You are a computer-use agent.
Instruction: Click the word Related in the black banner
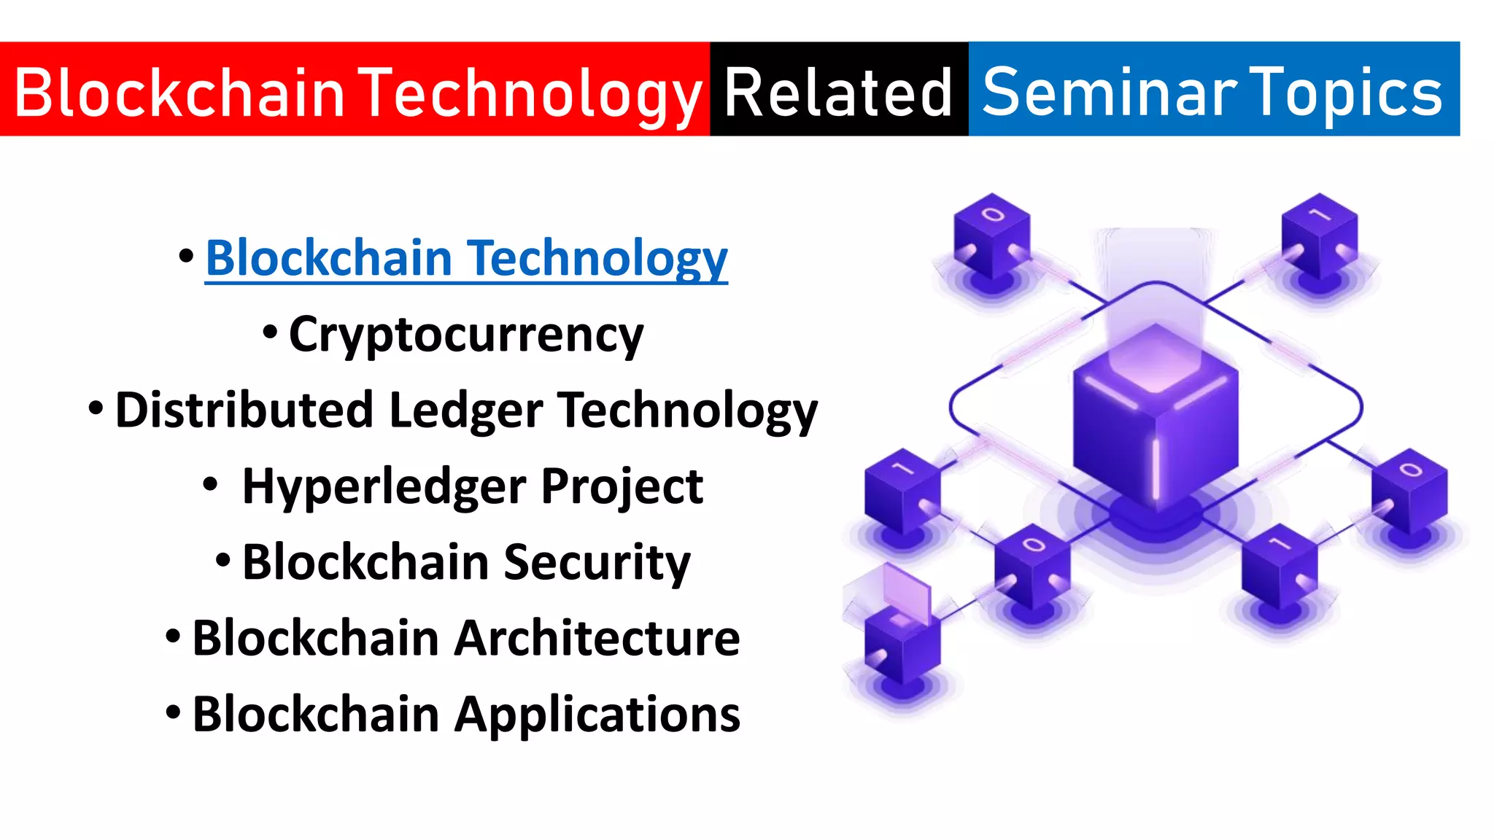coord(838,92)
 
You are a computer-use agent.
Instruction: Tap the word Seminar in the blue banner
coord(1109,92)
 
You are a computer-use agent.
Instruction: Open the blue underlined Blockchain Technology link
coord(466,258)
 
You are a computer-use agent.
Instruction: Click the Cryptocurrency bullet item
coord(465,335)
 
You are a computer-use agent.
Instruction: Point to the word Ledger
coord(465,410)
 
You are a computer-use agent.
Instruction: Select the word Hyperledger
coord(384,486)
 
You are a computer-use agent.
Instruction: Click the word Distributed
coord(244,410)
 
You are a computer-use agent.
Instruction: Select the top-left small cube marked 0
coord(991,237)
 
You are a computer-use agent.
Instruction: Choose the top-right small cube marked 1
coord(1319,237)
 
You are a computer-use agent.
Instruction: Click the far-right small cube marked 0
coord(1409,492)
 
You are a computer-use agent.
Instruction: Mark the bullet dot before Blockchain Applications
coord(173,712)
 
